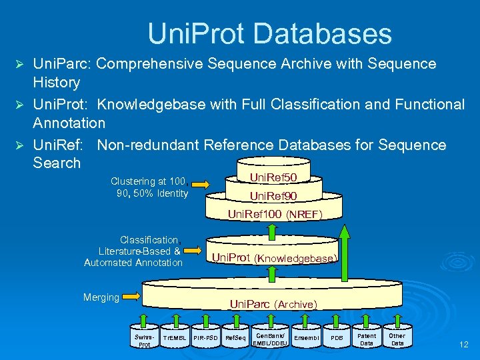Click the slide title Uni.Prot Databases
coord(269,33)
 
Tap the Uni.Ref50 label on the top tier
coord(273,177)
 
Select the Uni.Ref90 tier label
coord(273,196)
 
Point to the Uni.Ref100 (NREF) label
coord(275,214)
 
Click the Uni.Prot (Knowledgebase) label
coord(274,258)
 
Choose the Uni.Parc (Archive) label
coord(273,304)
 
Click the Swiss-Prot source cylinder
coord(145,339)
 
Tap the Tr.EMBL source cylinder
coord(175,338)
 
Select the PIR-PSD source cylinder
coord(206,338)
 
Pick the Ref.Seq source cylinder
coord(236,338)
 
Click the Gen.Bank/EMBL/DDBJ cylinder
coord(270,339)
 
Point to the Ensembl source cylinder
coord(307,338)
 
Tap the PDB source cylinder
coord(337,338)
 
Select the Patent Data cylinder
coord(367,339)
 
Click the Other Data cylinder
coord(397,339)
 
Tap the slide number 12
coord(464,345)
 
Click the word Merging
coord(101,297)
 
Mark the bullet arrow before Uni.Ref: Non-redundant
coord(19,145)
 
